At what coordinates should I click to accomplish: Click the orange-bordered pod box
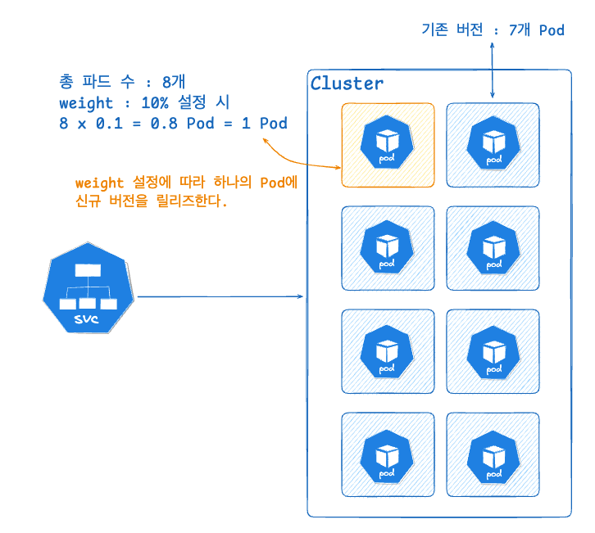point(388,145)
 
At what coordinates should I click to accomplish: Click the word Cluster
point(347,84)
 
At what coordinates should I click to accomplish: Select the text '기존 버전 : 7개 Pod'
point(493,30)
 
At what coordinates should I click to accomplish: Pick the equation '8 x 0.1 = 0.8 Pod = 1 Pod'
point(173,124)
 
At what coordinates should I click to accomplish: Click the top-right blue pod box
point(493,145)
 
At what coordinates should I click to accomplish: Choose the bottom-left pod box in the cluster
point(388,454)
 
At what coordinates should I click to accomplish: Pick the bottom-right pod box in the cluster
point(493,454)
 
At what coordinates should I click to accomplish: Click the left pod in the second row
point(388,248)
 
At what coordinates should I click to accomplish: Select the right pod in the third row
point(493,351)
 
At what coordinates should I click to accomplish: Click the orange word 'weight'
point(98,183)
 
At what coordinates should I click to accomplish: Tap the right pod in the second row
point(493,248)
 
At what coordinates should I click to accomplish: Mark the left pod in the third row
point(388,351)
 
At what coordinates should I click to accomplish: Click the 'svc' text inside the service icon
point(86,318)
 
